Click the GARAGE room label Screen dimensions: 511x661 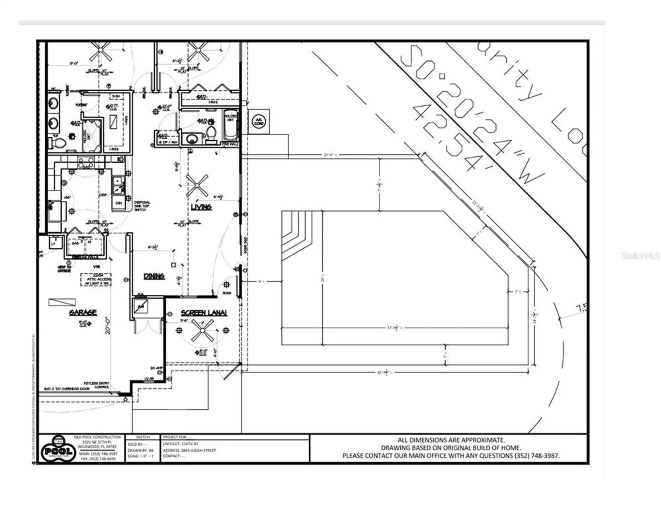pyautogui.click(x=83, y=312)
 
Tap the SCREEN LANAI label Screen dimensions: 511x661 pyautogui.click(x=204, y=313)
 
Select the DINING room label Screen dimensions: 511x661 pyautogui.click(x=154, y=276)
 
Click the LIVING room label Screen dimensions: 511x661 pyautogui.click(x=201, y=207)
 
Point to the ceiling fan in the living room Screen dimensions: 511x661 pyautogui.click(x=197, y=186)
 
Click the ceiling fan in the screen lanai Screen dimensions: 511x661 pyautogui.click(x=203, y=330)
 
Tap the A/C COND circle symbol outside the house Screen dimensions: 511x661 pyautogui.click(x=259, y=121)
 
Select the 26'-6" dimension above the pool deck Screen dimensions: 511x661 pyautogui.click(x=330, y=155)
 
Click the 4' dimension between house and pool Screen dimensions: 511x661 pyautogui.click(x=261, y=281)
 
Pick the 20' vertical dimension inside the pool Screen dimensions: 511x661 pyautogui.click(x=322, y=278)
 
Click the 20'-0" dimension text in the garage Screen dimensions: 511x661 pyautogui.click(x=108, y=325)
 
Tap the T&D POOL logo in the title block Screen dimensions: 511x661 pyautogui.click(x=58, y=450)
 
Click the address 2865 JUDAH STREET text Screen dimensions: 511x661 pyautogui.click(x=189, y=450)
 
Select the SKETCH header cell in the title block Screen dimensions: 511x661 pyautogui.click(x=142, y=437)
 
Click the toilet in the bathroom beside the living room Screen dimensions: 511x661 pyautogui.click(x=211, y=134)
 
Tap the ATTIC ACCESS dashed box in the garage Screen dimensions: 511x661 pyautogui.click(x=96, y=279)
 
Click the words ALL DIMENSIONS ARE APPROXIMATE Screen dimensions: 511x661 pyautogui.click(x=451, y=440)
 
